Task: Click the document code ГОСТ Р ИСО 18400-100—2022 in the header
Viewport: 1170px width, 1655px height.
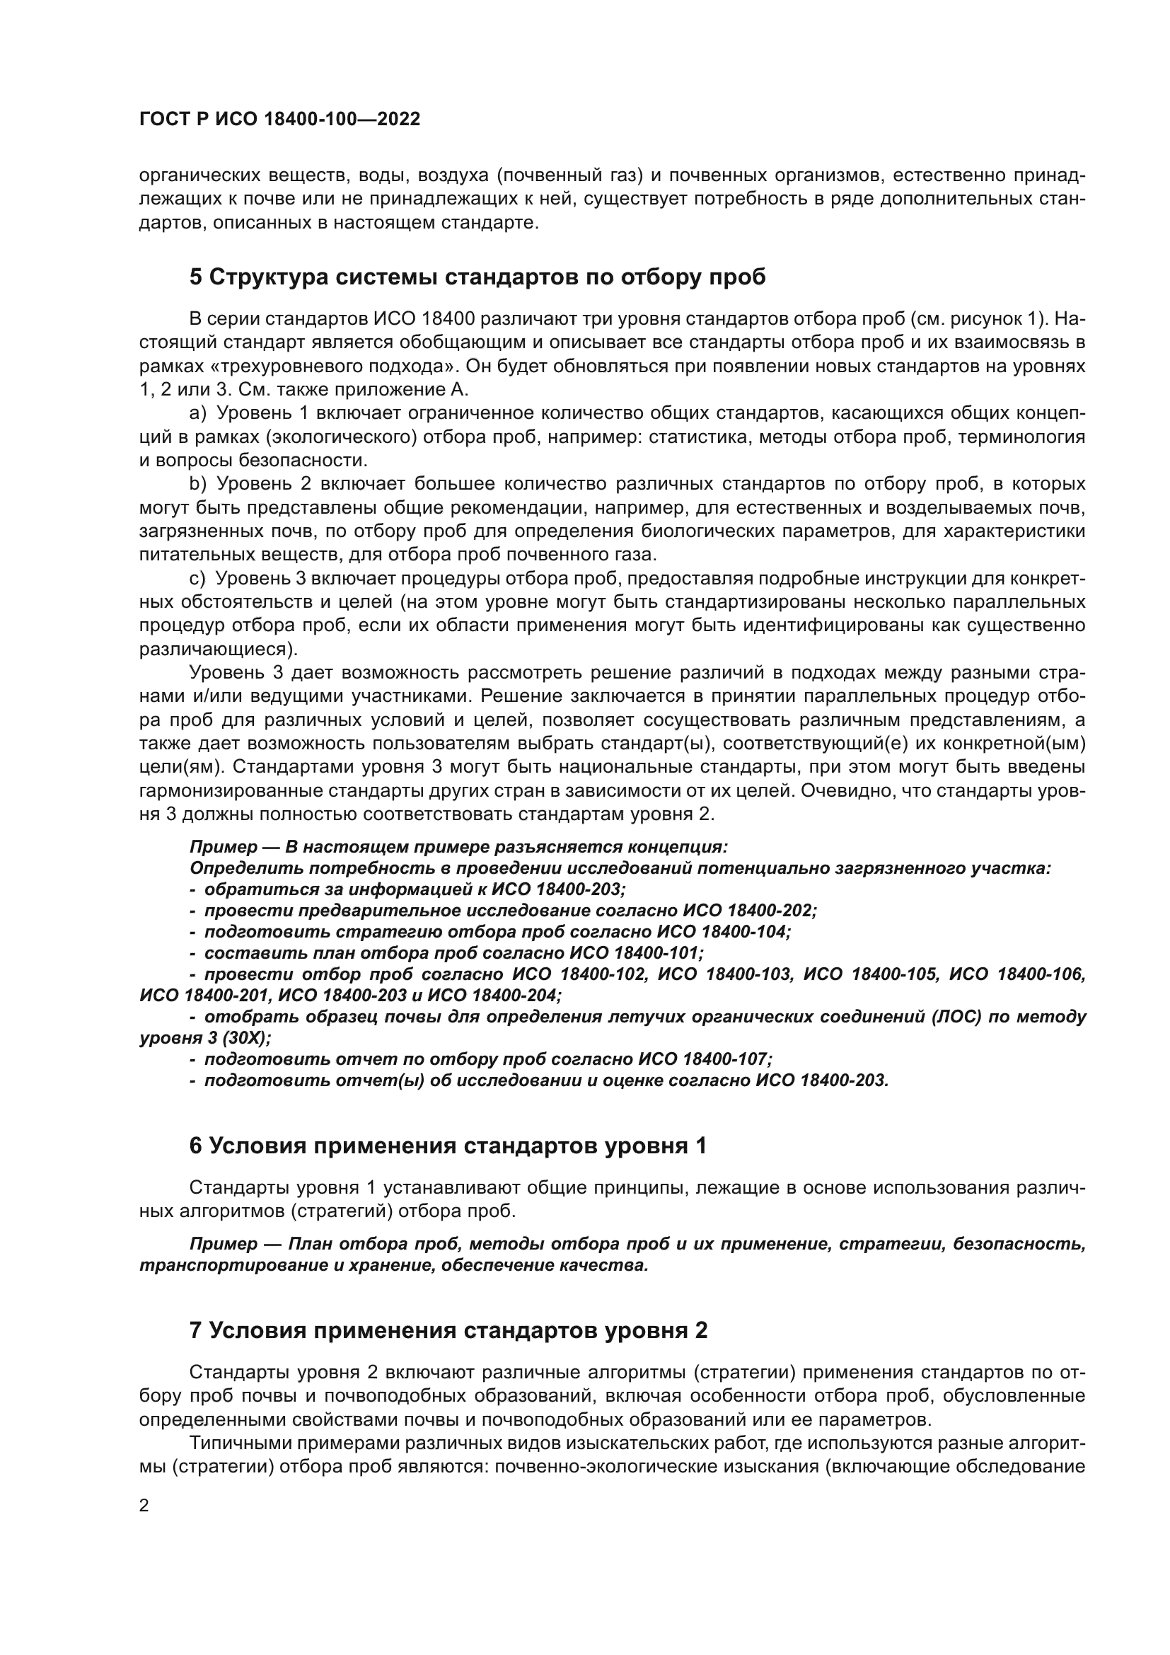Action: click(x=279, y=120)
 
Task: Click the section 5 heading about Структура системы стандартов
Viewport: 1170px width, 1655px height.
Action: click(x=477, y=277)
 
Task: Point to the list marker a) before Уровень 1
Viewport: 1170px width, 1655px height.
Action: click(x=197, y=413)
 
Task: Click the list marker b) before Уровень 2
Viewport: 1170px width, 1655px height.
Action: click(x=197, y=483)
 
